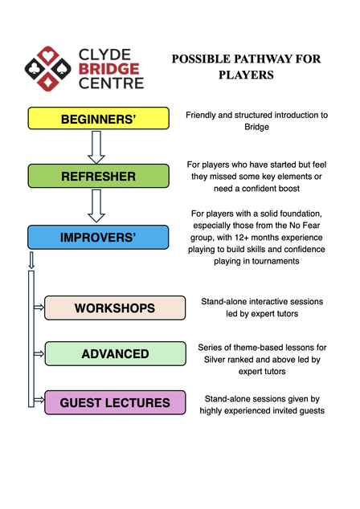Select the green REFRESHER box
pyautogui.click(x=98, y=176)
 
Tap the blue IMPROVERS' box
pyautogui.click(x=98, y=238)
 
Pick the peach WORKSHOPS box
pyautogui.click(x=115, y=307)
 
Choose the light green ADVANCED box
pyautogui.click(x=115, y=354)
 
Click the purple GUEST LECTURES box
pyautogui.click(x=115, y=402)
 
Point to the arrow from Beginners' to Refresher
pyautogui.click(x=97, y=147)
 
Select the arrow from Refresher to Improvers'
pyautogui.click(x=97, y=206)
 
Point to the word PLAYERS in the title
pyautogui.click(x=247, y=75)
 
